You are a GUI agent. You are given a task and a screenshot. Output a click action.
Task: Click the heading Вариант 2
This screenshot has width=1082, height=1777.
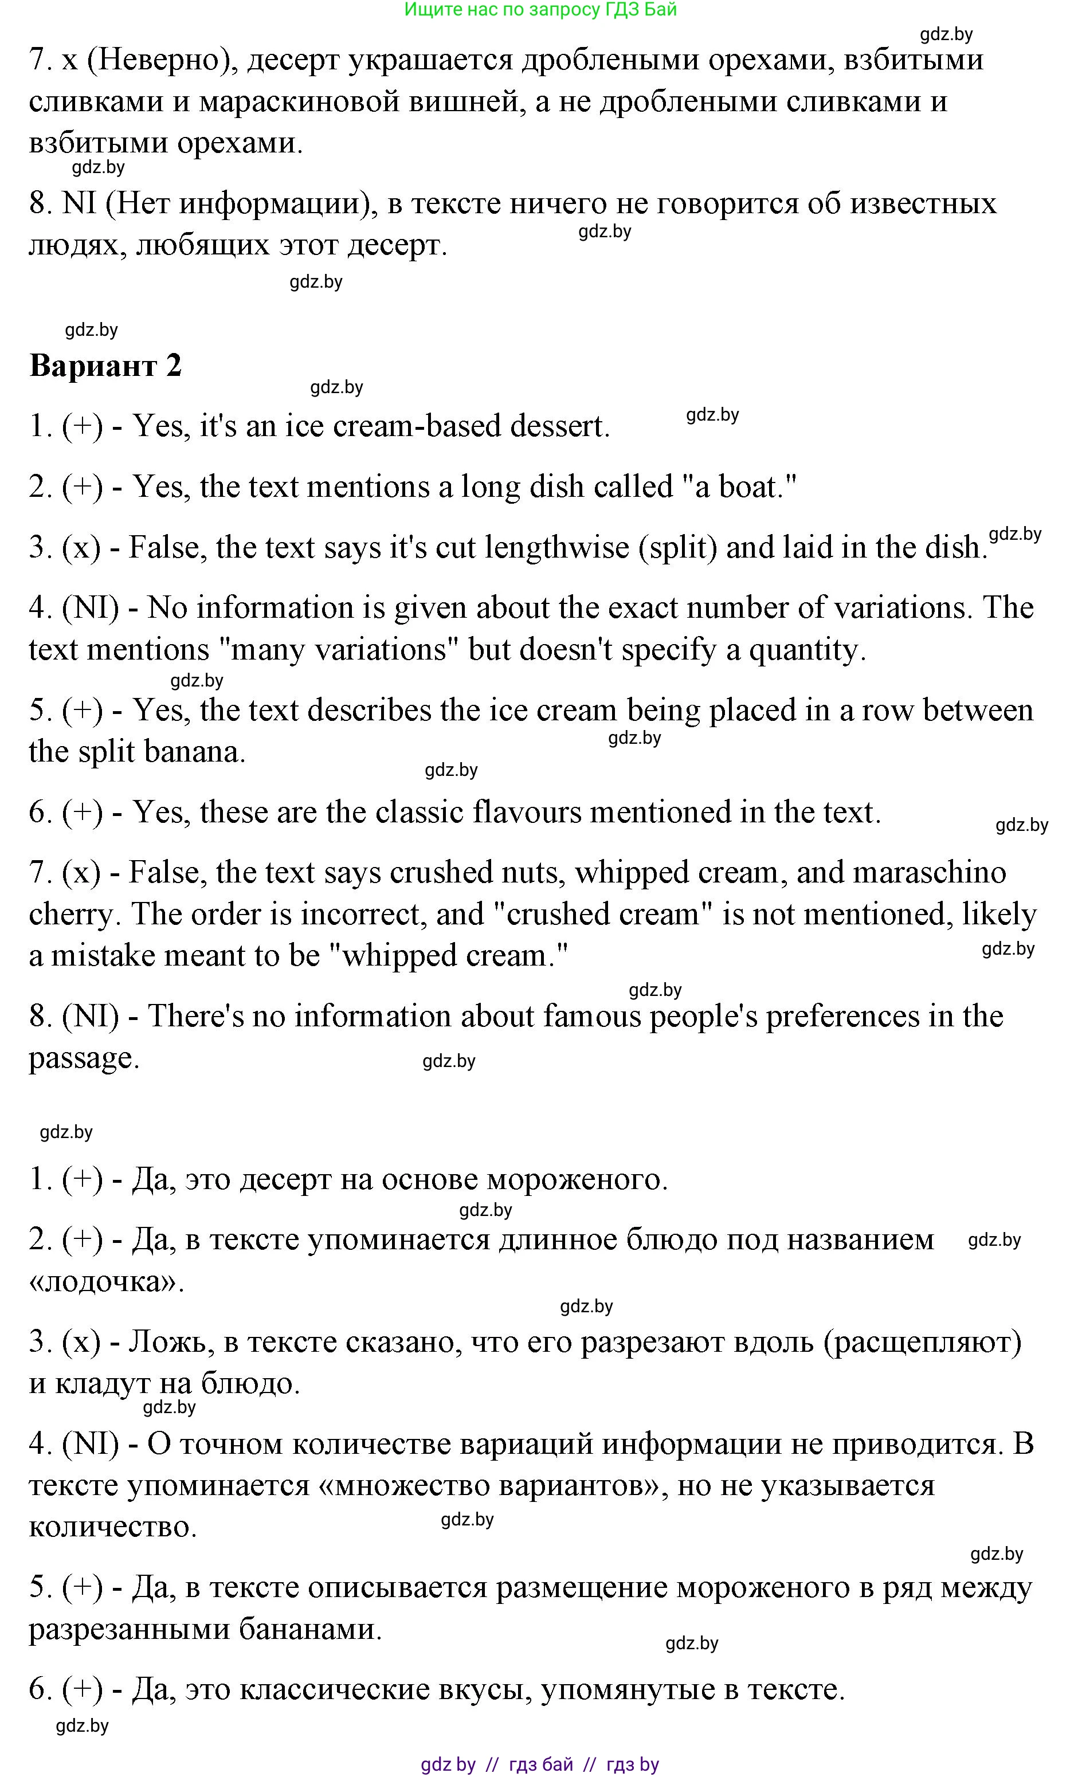(x=105, y=366)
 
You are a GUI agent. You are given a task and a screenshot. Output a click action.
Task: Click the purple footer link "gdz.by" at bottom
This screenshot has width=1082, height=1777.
(x=448, y=1764)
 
